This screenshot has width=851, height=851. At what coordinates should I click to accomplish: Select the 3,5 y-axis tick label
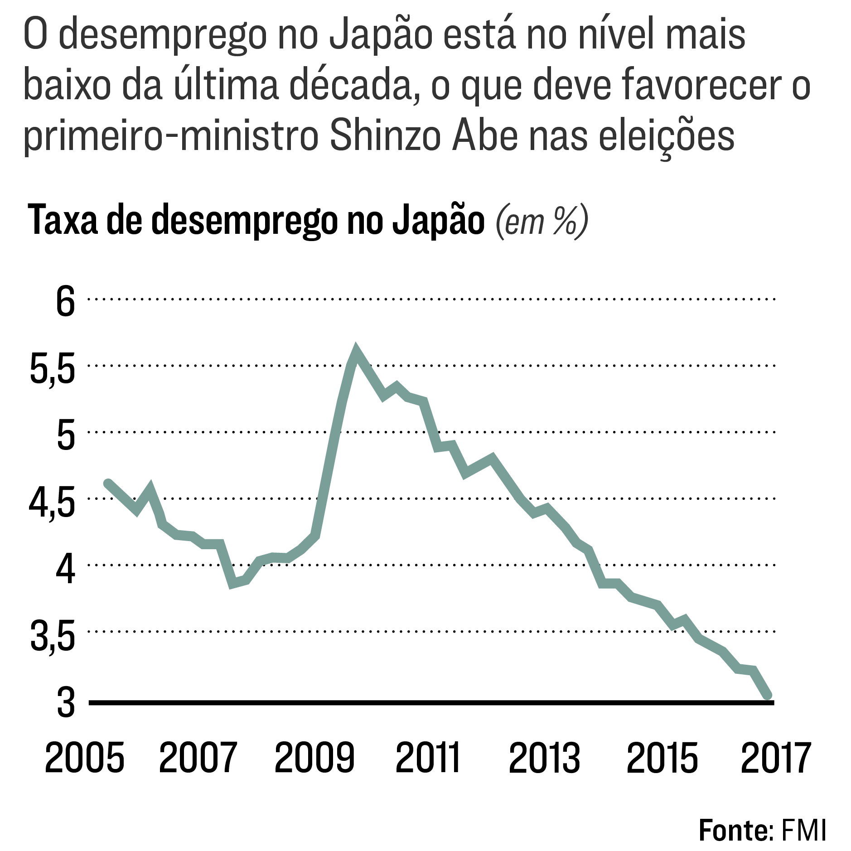pos(52,636)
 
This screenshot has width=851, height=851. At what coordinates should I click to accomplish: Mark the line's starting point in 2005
pos(108,483)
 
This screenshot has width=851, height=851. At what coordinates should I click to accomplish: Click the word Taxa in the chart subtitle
pos(63,221)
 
